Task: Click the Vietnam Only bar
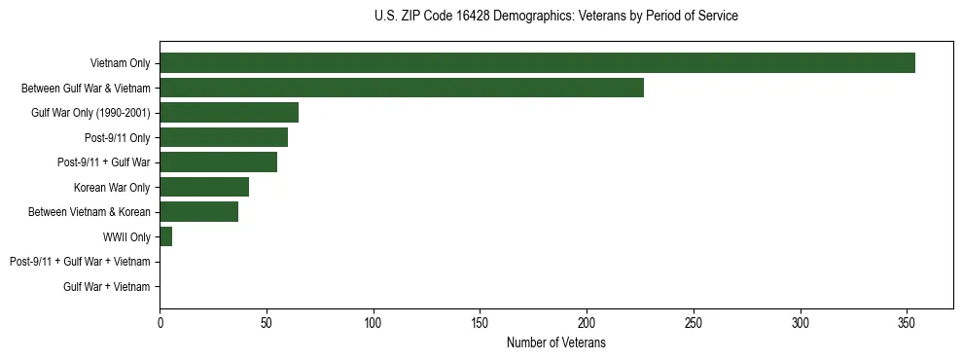pos(537,62)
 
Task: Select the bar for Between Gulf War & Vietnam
pos(402,88)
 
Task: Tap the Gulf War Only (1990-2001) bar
pos(229,112)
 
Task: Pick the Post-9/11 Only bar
pos(224,137)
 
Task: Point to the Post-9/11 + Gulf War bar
pos(218,162)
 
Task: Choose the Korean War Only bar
pos(204,187)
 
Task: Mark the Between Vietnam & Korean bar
pos(198,211)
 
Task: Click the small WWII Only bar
pos(165,236)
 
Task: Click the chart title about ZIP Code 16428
pos(555,16)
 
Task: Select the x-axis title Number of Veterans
pos(555,342)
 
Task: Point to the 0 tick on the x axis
pos(160,322)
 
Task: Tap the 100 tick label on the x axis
pos(373,322)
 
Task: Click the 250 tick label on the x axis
pos(694,322)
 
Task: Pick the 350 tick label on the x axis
pos(907,322)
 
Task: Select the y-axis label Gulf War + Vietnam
pos(107,286)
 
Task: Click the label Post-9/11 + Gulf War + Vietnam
pos(80,262)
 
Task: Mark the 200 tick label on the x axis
pos(587,322)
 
